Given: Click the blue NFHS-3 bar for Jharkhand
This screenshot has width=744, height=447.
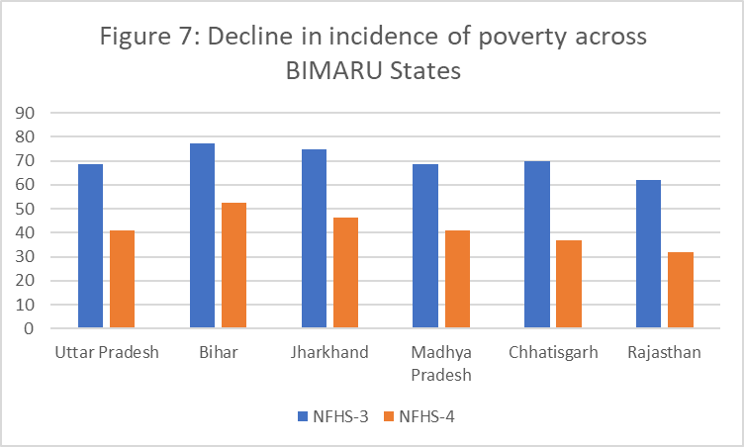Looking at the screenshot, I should [x=314, y=238].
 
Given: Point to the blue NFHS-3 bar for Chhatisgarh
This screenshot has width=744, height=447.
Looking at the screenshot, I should [x=537, y=244].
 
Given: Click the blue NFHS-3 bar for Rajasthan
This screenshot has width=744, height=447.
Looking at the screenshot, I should [x=649, y=254].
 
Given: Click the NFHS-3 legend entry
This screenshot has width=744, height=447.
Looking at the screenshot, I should [x=332, y=416].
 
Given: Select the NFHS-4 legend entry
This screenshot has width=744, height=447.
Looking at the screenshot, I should [x=426, y=416].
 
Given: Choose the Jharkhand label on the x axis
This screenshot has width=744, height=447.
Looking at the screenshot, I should [x=329, y=353].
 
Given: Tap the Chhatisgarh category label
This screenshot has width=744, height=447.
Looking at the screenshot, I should [x=553, y=353].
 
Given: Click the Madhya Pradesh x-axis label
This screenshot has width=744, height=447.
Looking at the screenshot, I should [x=441, y=363].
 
